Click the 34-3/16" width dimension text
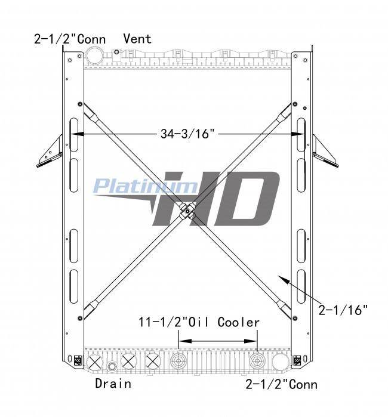(x=187, y=134)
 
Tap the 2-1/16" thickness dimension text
(x=343, y=310)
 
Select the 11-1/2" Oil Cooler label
(x=199, y=322)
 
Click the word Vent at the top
(x=137, y=39)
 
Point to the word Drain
(x=113, y=384)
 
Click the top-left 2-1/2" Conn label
(x=70, y=39)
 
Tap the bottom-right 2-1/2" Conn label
(x=281, y=385)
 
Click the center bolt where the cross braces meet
(x=187, y=211)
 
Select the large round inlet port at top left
(x=94, y=55)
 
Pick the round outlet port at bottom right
(x=281, y=362)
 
